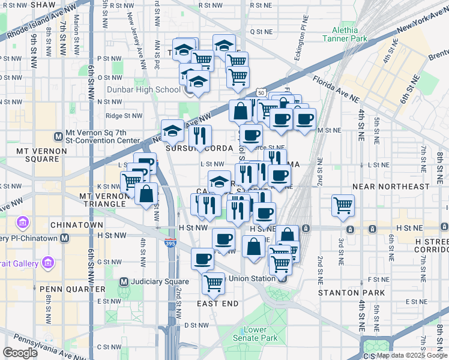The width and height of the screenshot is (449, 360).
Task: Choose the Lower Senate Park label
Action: pyautogui.click(x=261, y=334)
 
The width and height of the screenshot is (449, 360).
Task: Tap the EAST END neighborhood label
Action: pyautogui.click(x=217, y=304)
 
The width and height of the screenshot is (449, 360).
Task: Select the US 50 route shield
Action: pyautogui.click(x=259, y=93)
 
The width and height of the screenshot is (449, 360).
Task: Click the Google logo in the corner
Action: pyautogui.click(x=20, y=352)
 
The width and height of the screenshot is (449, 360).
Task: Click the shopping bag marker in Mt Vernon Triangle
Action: pyautogui.click(x=146, y=193)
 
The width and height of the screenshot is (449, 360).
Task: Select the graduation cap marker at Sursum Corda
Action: pyautogui.click(x=173, y=130)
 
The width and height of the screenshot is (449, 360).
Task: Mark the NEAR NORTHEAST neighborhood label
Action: pyautogui.click(x=391, y=187)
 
